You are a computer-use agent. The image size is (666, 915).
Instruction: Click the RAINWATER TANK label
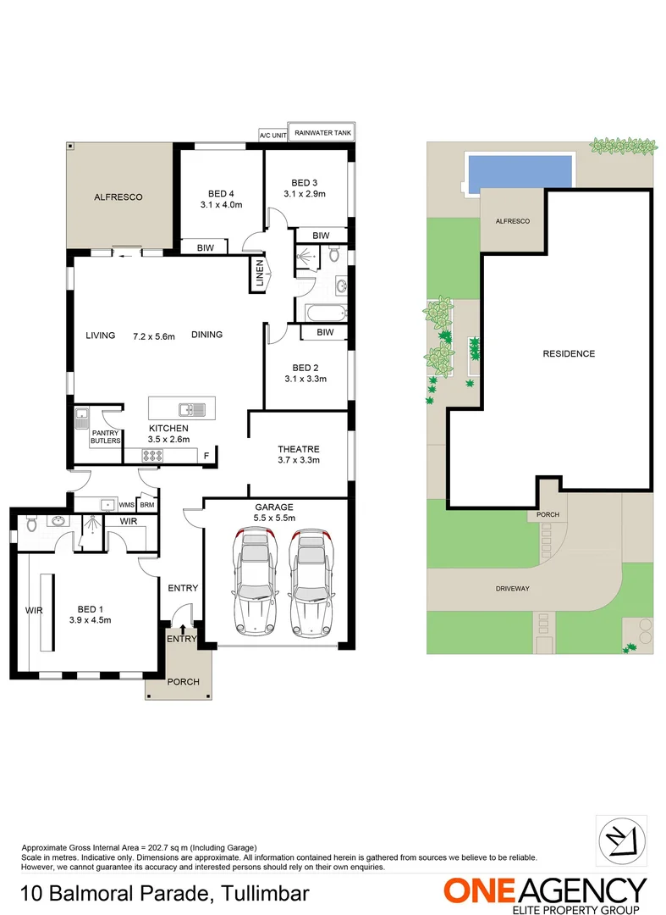(x=322, y=133)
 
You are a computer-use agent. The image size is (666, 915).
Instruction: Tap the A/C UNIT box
(x=272, y=135)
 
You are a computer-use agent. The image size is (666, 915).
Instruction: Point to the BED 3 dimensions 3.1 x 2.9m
(x=305, y=194)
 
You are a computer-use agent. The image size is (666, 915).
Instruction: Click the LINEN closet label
(x=260, y=275)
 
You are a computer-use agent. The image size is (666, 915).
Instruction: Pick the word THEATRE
(x=298, y=449)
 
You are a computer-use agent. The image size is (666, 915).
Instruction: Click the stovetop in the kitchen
(x=152, y=456)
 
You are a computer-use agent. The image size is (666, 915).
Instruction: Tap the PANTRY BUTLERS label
(x=106, y=437)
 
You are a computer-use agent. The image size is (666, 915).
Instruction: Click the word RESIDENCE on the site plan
(x=569, y=354)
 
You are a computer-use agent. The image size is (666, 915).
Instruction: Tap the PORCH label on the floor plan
(x=183, y=681)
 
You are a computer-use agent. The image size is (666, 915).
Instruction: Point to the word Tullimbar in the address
(x=266, y=893)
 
